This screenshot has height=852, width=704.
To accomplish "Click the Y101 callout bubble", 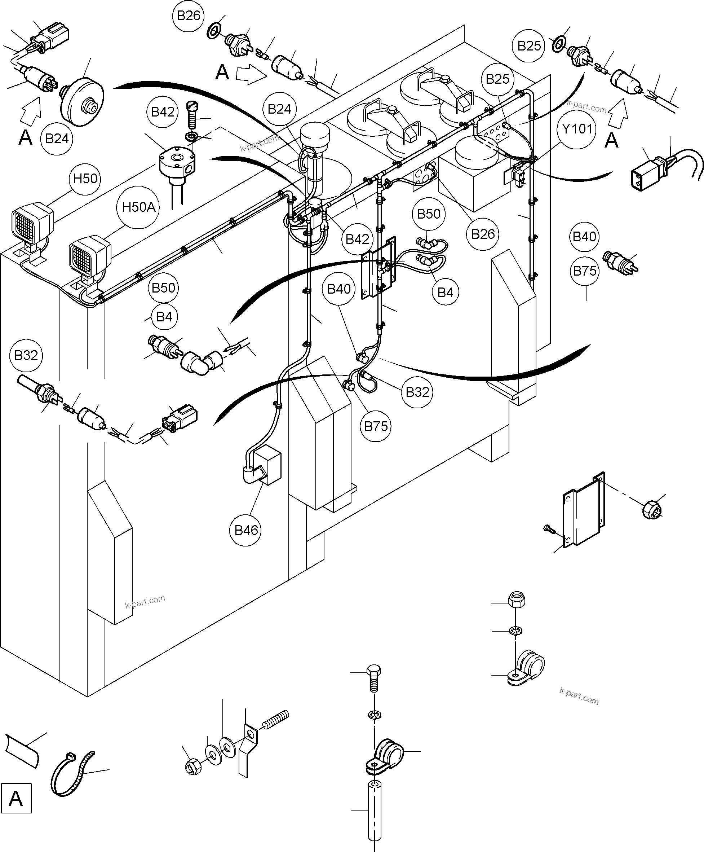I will [577, 129].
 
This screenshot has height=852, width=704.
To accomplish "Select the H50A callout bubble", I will [138, 207].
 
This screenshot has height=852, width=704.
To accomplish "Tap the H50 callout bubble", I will [85, 179].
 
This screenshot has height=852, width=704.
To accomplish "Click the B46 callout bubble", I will [246, 530].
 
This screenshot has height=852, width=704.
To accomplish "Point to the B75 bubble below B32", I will [376, 426].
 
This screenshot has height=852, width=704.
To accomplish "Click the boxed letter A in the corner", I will [16, 799].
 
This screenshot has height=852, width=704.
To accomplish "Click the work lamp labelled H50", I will [32, 223].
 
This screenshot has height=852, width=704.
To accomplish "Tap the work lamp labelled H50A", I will [89, 256].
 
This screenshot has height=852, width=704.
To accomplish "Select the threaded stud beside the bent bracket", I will [276, 718].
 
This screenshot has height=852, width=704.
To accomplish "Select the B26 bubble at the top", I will [189, 16].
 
